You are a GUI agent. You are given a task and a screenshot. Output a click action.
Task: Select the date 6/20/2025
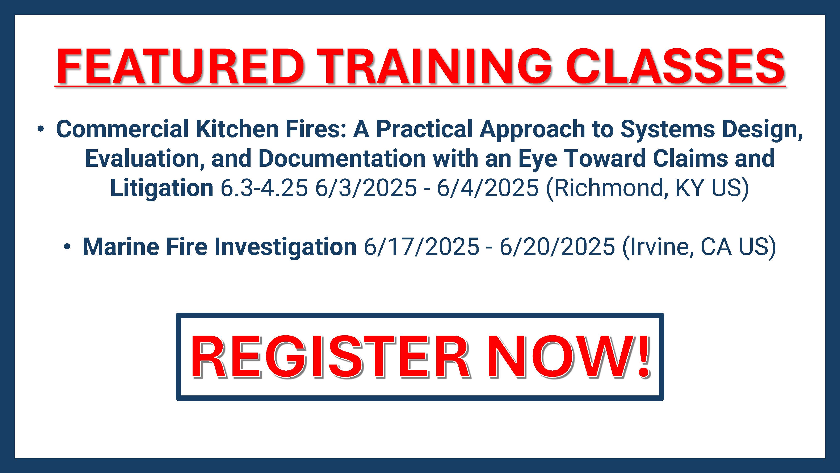(557, 247)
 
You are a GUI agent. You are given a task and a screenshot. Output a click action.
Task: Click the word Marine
(121, 247)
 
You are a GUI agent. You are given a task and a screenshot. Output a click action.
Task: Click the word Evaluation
(144, 159)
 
